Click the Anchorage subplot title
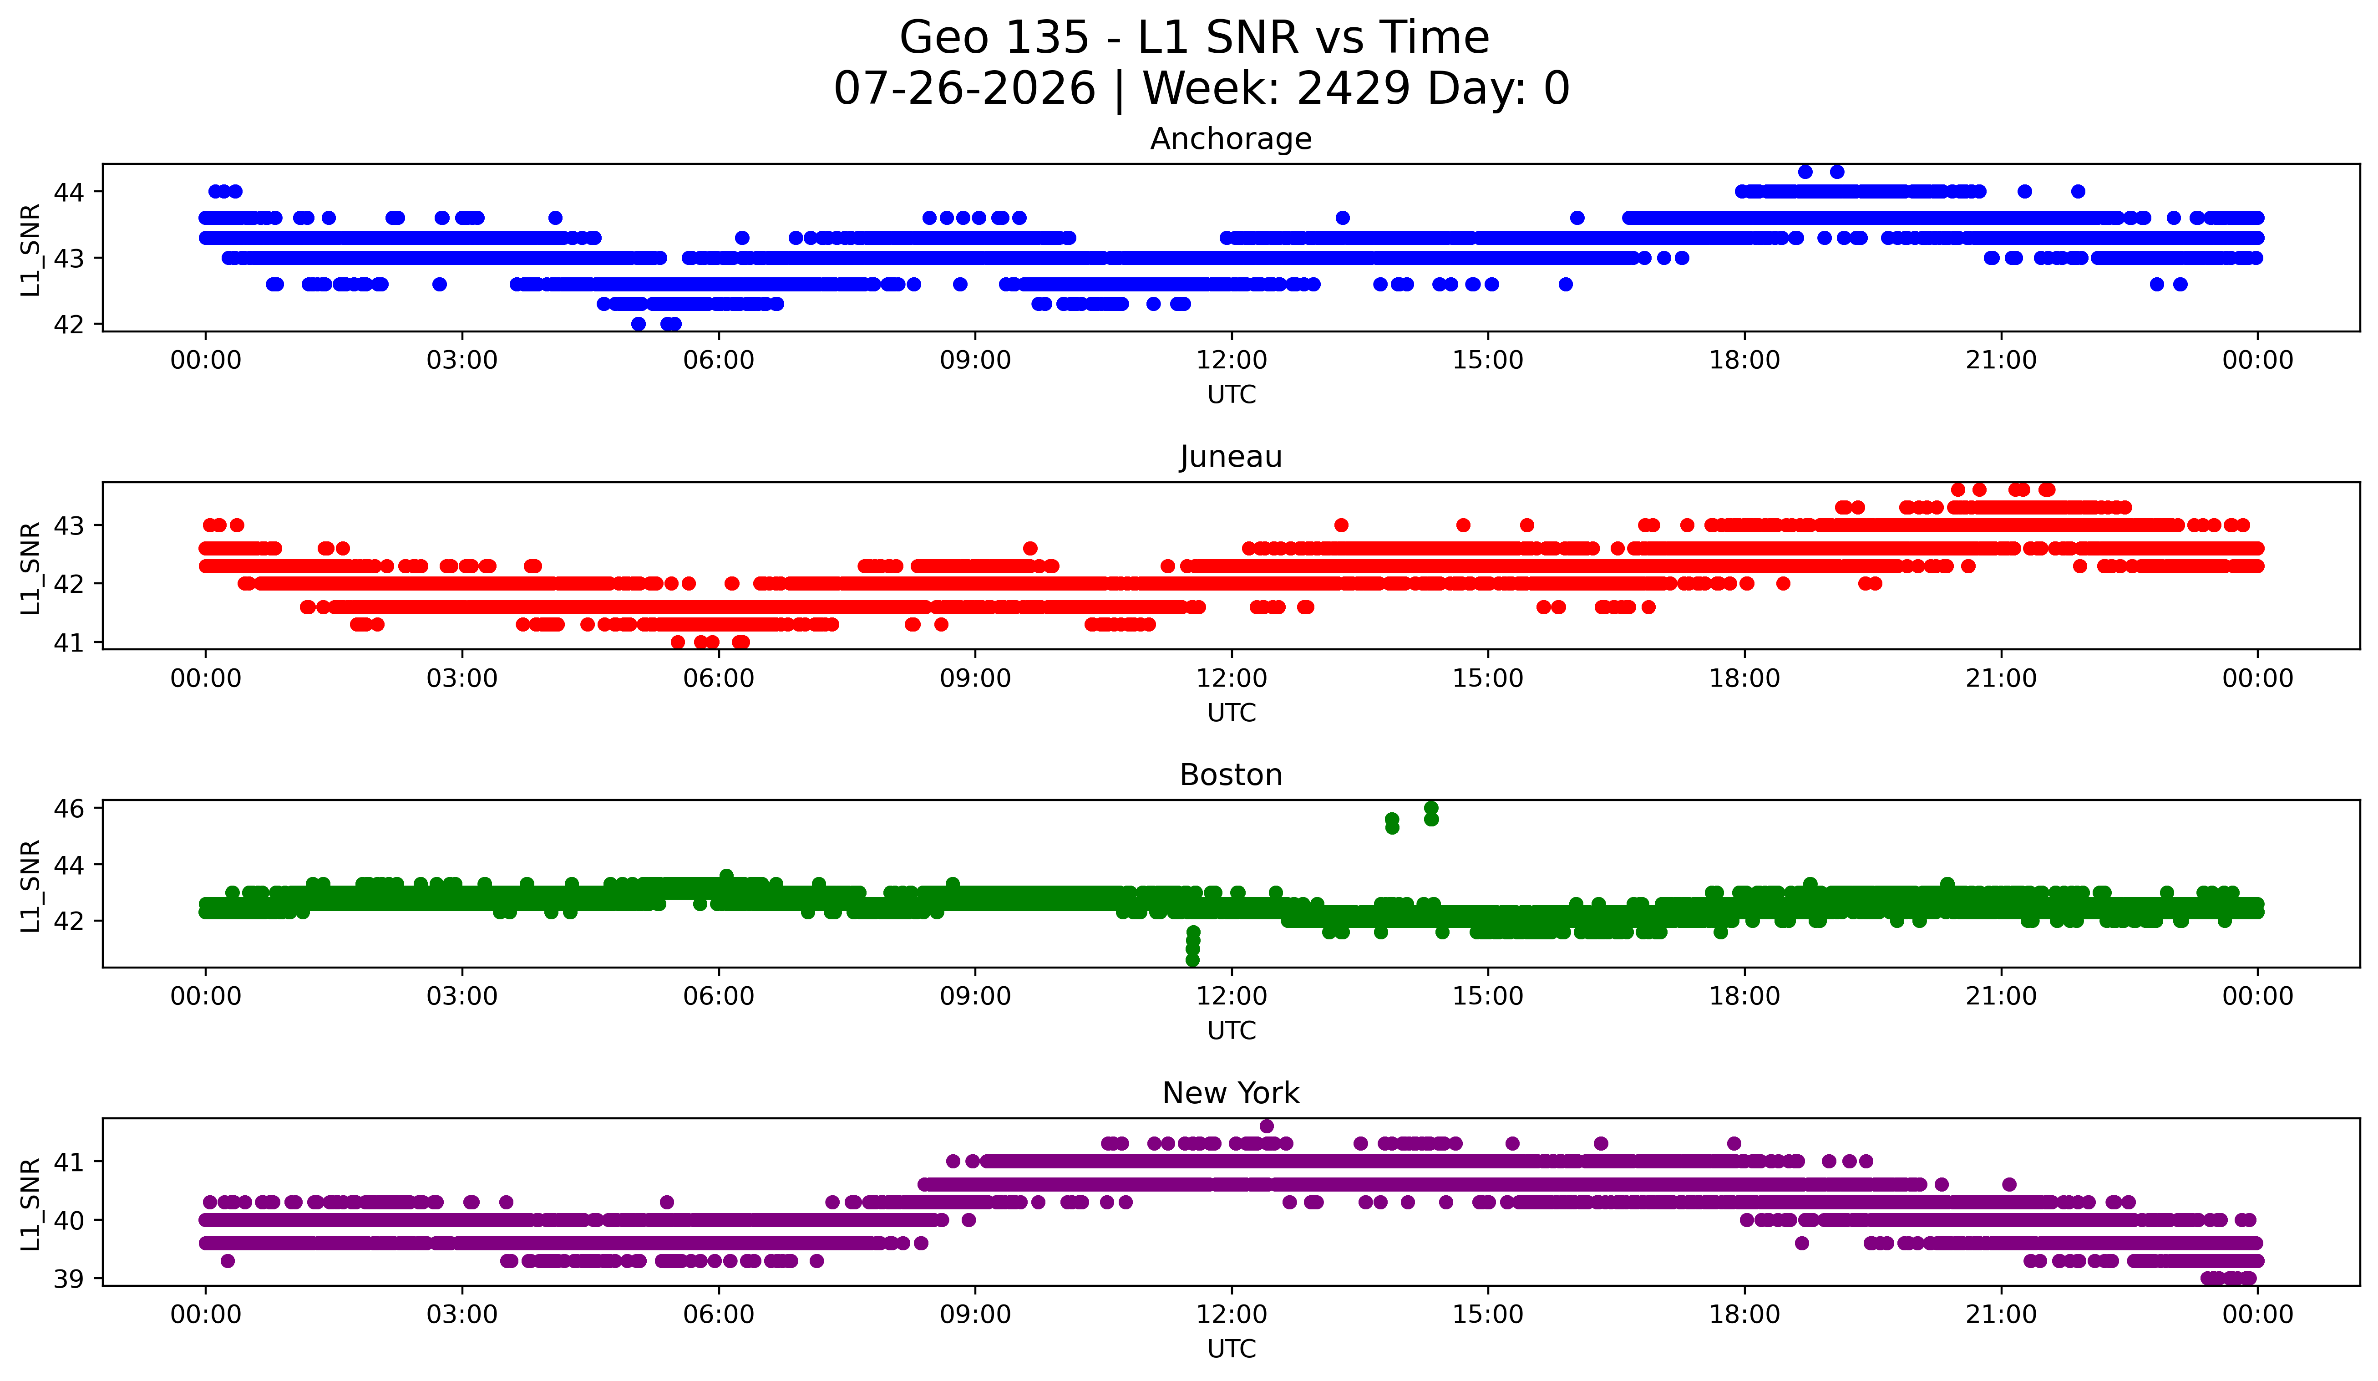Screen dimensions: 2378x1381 (x=1231, y=139)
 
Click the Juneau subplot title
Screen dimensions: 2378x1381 (x=1231, y=457)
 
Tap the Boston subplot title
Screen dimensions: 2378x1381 (x=1231, y=775)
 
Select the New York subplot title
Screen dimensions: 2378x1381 (x=1231, y=1093)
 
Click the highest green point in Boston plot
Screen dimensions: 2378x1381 (x=1430, y=808)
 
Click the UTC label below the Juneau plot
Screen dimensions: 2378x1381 (x=1232, y=713)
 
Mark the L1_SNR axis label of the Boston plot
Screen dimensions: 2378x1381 (x=30, y=886)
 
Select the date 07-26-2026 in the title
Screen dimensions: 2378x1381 (x=964, y=89)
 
